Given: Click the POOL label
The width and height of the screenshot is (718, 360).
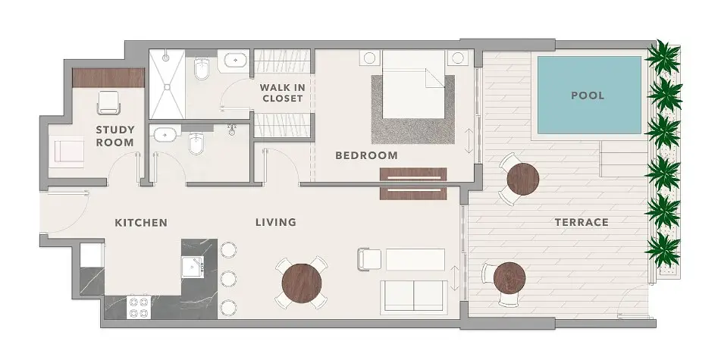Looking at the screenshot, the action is (x=588, y=95).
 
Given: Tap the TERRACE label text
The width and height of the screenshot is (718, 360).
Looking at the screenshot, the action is (x=582, y=223).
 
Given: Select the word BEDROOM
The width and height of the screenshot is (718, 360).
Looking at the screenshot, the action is (x=366, y=155).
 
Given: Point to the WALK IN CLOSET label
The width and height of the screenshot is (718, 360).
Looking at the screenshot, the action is (x=283, y=92).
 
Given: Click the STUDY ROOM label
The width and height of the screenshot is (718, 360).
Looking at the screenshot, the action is (x=115, y=136).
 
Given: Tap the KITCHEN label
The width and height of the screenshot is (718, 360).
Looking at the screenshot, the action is (x=141, y=223).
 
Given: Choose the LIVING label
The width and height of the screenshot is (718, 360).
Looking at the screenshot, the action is (x=276, y=223).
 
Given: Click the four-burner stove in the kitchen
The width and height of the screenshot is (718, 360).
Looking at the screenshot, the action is (x=140, y=307).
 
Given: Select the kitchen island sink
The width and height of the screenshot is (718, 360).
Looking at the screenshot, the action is (x=193, y=267).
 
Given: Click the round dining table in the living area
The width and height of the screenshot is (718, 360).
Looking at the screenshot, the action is (x=302, y=283).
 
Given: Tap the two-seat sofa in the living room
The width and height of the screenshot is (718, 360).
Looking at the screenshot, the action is (x=414, y=296).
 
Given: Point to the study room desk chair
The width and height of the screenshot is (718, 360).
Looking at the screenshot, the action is (x=109, y=102).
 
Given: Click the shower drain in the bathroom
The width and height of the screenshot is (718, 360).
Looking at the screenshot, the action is (x=167, y=85).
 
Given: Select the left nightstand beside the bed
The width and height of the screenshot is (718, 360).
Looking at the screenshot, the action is (x=369, y=58).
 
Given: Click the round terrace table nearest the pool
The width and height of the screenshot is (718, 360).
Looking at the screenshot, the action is (x=523, y=179).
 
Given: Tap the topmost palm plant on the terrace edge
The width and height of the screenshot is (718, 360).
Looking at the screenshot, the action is (x=663, y=57).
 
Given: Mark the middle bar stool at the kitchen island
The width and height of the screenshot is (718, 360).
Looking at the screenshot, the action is (x=228, y=278).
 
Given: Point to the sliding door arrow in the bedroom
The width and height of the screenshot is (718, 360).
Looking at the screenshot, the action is (x=469, y=141).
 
